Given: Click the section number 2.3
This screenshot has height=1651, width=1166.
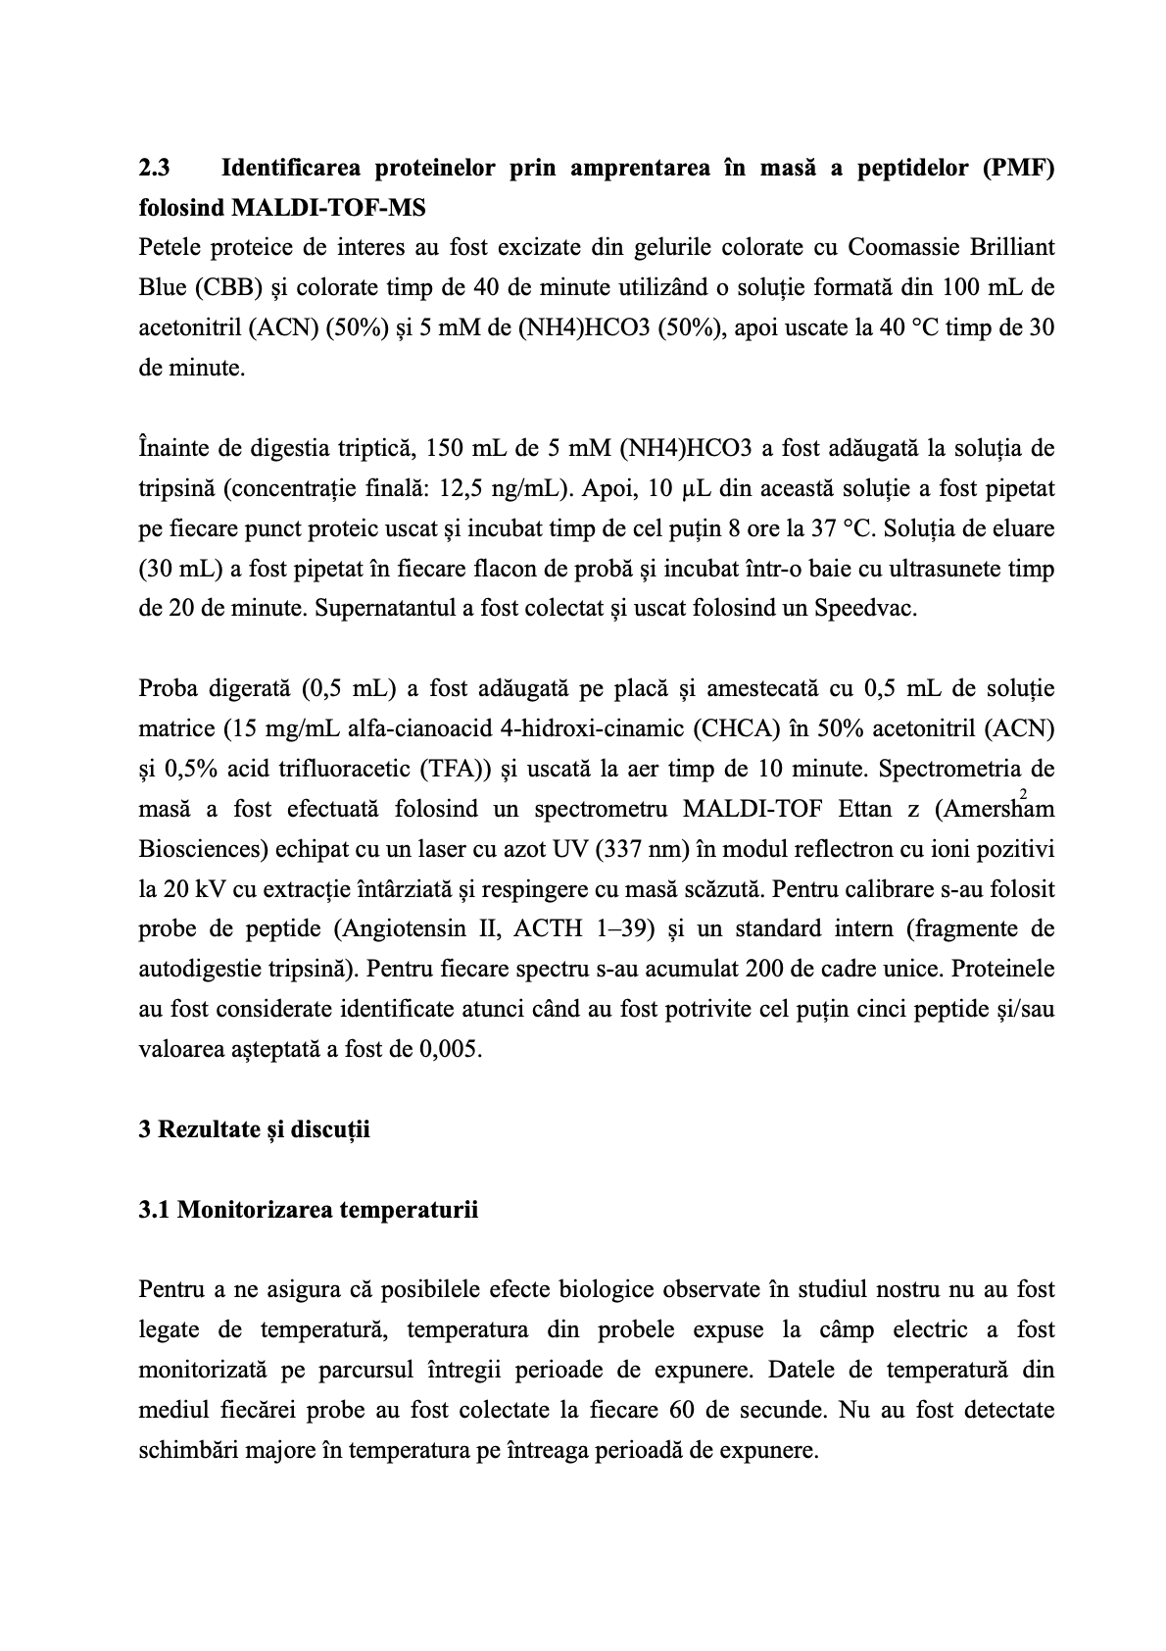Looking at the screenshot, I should [x=155, y=168].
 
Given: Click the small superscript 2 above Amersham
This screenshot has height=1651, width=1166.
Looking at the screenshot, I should [x=1024, y=792].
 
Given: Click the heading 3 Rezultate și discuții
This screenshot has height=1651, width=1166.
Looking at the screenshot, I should [x=255, y=1129].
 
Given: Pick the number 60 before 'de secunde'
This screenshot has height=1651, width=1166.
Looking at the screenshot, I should [x=683, y=1411].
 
